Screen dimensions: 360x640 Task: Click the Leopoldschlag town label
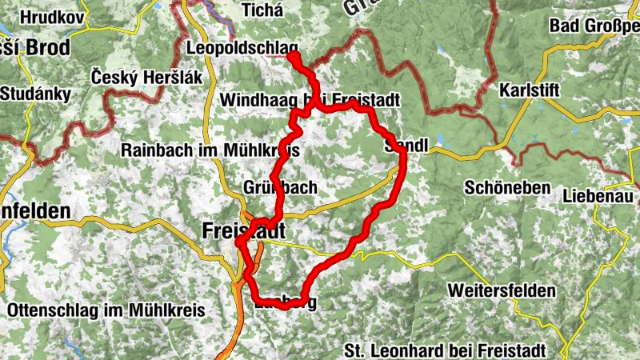(x=242, y=49)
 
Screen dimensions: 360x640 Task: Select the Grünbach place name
(x=280, y=187)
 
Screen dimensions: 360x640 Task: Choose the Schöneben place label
(x=508, y=188)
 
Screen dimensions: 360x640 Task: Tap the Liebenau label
(x=599, y=195)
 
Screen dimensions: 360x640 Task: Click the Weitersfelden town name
(x=502, y=290)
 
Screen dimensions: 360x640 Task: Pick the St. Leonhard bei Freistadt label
(x=445, y=350)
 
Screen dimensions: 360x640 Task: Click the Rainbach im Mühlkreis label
(x=210, y=150)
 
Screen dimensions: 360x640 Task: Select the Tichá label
(x=261, y=10)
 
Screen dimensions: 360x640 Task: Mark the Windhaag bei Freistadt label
(x=307, y=101)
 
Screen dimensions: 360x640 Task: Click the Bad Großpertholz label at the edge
(x=594, y=25)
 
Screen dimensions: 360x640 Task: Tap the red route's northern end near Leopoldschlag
(x=293, y=56)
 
